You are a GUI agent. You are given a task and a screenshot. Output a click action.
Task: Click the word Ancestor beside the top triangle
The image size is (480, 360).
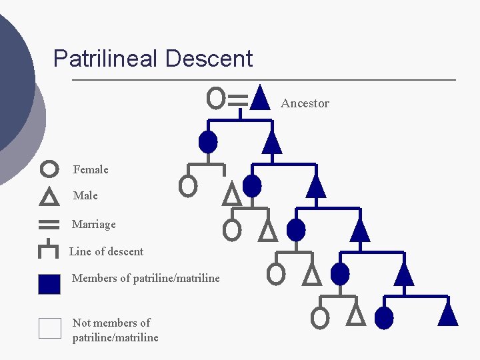[x=305, y=103]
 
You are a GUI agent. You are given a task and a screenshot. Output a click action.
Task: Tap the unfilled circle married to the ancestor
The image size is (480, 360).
[x=215, y=98]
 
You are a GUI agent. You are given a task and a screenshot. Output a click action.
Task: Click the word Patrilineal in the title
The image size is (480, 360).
[x=106, y=59]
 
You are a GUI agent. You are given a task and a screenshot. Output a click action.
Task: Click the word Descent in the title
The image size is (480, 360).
[x=209, y=59]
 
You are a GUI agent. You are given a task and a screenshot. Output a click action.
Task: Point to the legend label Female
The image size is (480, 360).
[x=91, y=169]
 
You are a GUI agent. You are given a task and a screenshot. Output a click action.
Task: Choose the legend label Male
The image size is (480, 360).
[x=85, y=195]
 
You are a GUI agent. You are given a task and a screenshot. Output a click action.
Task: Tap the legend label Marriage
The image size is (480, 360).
[x=93, y=224]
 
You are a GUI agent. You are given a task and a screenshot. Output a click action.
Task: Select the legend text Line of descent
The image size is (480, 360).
[x=107, y=251]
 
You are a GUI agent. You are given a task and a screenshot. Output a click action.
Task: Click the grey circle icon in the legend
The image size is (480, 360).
[x=49, y=169]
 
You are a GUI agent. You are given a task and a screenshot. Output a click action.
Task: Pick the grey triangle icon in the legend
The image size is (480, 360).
[x=49, y=197]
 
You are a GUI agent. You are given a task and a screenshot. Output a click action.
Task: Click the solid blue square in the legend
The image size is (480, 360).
[x=49, y=284]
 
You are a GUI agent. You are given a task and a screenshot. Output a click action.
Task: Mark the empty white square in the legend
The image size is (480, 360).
[x=49, y=328]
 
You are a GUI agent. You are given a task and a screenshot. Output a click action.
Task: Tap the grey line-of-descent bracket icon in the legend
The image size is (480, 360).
[x=49, y=251]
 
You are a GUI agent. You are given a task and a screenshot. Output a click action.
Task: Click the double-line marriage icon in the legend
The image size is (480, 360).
[x=49, y=224]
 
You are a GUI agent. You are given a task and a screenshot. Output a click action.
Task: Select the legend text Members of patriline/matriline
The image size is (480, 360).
[x=145, y=278]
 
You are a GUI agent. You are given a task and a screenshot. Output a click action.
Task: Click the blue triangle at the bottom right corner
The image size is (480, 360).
[x=448, y=314]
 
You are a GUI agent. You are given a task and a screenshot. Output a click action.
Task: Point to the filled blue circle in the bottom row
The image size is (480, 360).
[x=384, y=318]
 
